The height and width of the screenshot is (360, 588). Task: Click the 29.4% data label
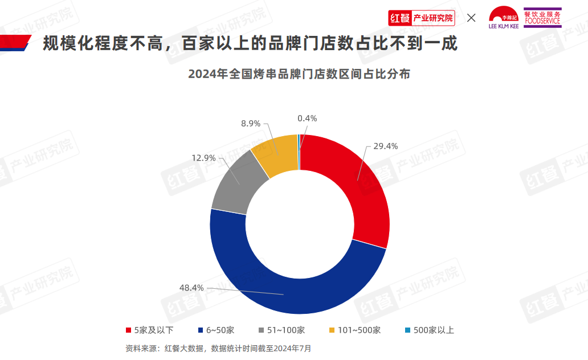tap(385, 146)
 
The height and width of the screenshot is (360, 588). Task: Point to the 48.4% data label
tap(191, 288)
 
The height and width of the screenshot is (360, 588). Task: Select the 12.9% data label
tap(203, 158)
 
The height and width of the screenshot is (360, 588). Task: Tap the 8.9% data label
tap(251, 123)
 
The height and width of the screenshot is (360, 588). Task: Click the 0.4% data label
tap(307, 118)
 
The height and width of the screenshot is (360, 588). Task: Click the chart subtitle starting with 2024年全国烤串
tap(299, 75)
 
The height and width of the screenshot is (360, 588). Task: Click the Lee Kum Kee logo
tap(504, 18)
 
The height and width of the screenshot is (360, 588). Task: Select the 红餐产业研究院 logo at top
tap(421, 18)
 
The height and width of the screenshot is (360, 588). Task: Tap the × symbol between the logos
tap(471, 18)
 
